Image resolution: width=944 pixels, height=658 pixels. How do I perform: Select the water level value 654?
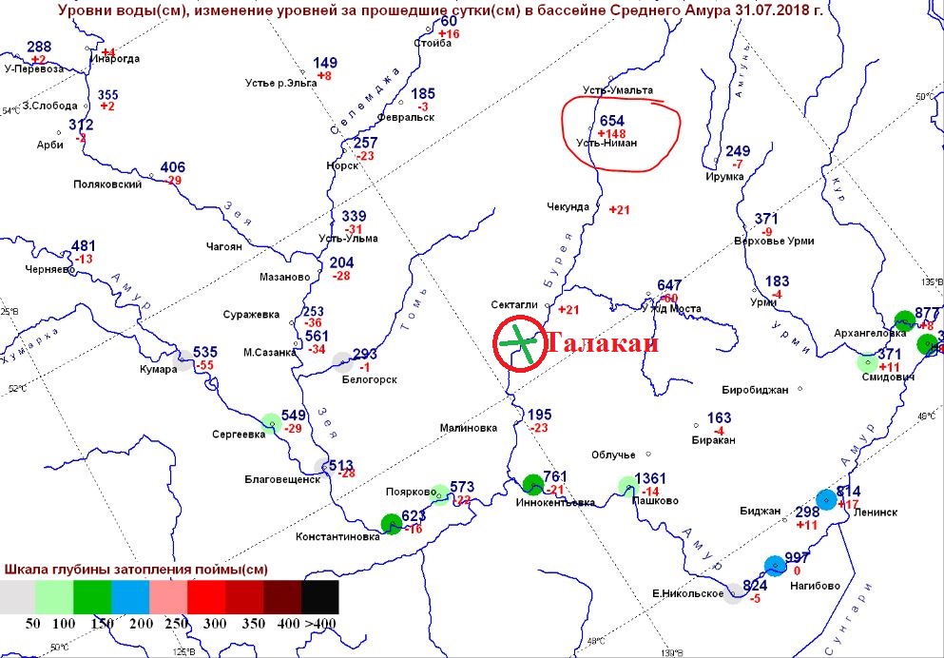coord(613,122)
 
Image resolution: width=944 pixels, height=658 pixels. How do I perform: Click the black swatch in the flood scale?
coord(320,596)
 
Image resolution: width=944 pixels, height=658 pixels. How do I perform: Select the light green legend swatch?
coord(54,596)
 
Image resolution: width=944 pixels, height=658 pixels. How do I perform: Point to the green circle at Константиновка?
coord(391,522)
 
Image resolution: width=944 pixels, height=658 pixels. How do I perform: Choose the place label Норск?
coord(343,164)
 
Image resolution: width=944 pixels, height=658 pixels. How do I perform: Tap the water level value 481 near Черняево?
coord(84,246)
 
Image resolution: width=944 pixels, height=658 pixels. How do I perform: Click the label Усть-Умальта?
coord(618,90)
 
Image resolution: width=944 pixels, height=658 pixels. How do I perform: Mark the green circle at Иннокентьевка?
coord(533,484)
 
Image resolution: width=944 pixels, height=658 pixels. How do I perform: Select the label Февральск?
coord(406,117)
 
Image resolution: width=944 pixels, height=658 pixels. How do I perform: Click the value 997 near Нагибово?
coord(797,557)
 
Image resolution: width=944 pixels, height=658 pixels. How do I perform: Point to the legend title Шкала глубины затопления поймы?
coord(136,570)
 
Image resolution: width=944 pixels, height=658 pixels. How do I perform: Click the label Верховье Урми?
coord(781,241)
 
